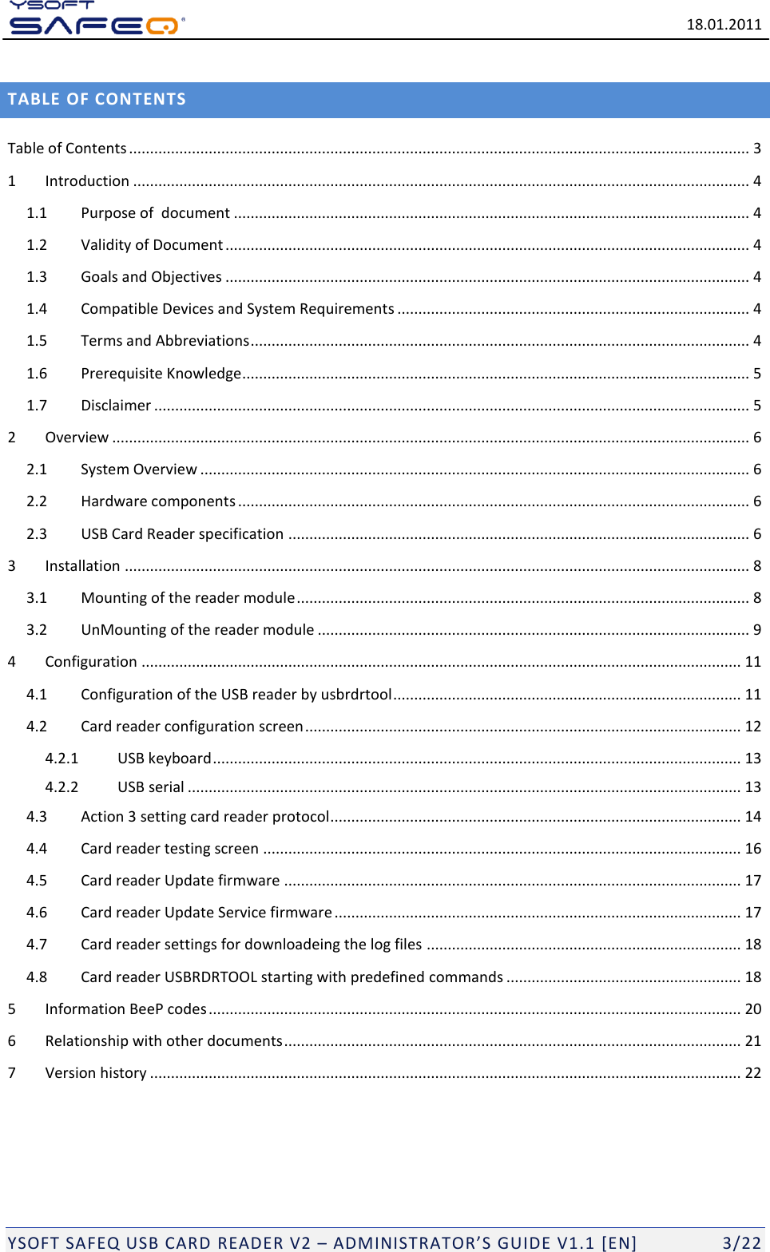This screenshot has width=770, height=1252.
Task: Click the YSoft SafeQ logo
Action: [x=96, y=19]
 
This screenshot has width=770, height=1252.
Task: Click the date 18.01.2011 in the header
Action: [x=724, y=25]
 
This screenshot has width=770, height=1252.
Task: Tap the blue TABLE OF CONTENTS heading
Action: [x=97, y=100]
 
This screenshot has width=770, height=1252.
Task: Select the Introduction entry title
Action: [x=87, y=181]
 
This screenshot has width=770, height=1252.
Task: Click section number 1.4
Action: [x=37, y=309]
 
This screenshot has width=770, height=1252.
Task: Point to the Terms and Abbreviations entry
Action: [x=165, y=341]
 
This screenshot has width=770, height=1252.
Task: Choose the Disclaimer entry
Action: [x=116, y=406]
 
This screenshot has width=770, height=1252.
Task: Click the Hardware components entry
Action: [x=157, y=501]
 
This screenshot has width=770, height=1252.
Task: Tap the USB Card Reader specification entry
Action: [x=181, y=534]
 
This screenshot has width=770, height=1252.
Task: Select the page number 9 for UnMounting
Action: [x=756, y=630]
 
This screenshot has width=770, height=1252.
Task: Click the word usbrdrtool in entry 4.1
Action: [x=356, y=695]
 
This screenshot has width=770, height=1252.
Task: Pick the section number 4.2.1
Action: [x=62, y=759]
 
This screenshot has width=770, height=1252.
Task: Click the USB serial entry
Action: [x=150, y=787]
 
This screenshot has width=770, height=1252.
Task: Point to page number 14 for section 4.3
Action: [x=752, y=817]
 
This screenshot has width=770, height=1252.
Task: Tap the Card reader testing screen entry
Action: [x=169, y=849]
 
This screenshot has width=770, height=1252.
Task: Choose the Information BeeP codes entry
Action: [x=125, y=1009]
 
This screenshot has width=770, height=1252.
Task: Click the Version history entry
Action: [x=96, y=1073]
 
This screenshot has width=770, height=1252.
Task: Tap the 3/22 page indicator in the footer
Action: [x=741, y=1242]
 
